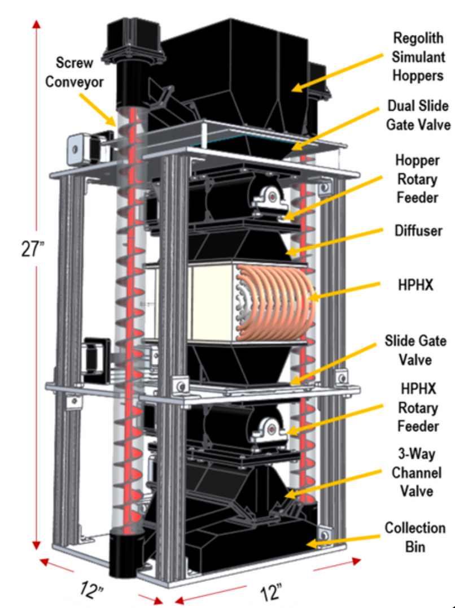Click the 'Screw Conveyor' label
point(75,72)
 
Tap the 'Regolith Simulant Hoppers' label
point(418,57)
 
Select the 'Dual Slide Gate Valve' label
point(418,115)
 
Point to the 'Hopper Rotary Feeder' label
point(417,179)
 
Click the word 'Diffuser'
point(418,231)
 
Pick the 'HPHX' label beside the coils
point(415,285)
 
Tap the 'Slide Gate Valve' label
point(415,350)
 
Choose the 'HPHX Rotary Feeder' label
point(418,407)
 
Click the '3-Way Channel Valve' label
point(417,472)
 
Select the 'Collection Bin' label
point(415,537)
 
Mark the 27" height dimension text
point(33,249)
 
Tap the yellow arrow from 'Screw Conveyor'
point(97,110)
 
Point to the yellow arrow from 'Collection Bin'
point(343,541)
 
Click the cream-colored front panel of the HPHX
point(212,303)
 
